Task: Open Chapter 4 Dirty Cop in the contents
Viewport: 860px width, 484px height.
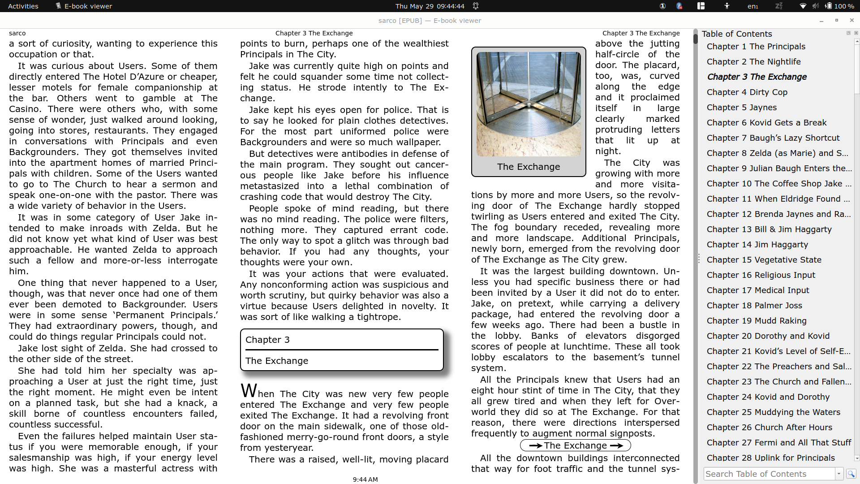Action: pyautogui.click(x=747, y=92)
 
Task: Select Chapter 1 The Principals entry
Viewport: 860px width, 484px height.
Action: pyautogui.click(x=756, y=47)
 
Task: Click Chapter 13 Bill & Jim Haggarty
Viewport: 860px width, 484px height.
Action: pyautogui.click(x=769, y=229)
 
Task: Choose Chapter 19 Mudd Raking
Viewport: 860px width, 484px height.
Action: pyautogui.click(x=756, y=321)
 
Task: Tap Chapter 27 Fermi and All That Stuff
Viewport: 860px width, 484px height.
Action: pyautogui.click(x=778, y=443)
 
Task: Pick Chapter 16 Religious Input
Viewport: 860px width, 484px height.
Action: pyautogui.click(x=761, y=275)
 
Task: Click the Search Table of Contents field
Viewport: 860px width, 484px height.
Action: pyautogui.click(x=769, y=474)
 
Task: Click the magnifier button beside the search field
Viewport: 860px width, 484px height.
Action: pyautogui.click(x=851, y=474)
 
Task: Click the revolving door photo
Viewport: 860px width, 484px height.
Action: pyautogui.click(x=529, y=104)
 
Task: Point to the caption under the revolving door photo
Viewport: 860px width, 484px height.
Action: pyautogui.click(x=529, y=167)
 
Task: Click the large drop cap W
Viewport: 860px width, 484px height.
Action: pyautogui.click(x=249, y=391)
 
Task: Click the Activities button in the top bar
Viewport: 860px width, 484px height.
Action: pyautogui.click(x=23, y=6)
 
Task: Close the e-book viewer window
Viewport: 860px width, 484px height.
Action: pyautogui.click(x=851, y=21)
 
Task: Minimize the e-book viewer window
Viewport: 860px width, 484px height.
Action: pyautogui.click(x=821, y=21)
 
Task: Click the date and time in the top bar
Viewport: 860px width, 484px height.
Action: pyautogui.click(x=430, y=6)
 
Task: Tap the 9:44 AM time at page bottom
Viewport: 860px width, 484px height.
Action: pyautogui.click(x=365, y=480)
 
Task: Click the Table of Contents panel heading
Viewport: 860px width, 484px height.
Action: pyautogui.click(x=736, y=34)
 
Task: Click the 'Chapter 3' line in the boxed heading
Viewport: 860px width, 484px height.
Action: pyautogui.click(x=267, y=340)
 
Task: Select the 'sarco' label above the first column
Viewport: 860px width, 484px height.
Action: pyautogui.click(x=17, y=33)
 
